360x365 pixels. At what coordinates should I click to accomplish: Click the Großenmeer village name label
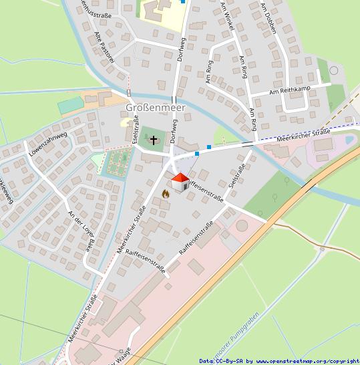pos(156,107)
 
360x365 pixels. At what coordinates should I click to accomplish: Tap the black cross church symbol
pos(154,140)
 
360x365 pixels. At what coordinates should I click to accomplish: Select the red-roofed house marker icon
pos(180,182)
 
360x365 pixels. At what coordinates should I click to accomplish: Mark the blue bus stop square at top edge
pos(183,2)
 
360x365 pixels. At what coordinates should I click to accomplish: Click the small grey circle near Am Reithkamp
pos(333,70)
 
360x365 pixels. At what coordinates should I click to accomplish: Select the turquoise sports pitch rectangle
pos(69,106)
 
